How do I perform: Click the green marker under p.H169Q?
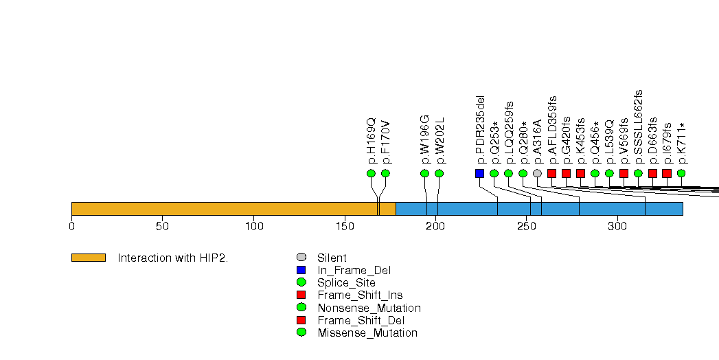(x=371, y=173)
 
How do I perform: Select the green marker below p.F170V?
(x=386, y=173)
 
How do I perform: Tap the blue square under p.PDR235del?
(x=479, y=173)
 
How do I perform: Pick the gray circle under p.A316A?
(x=538, y=173)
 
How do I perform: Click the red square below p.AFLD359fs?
(x=551, y=173)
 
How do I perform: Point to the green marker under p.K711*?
(x=681, y=173)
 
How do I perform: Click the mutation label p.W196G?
(x=424, y=139)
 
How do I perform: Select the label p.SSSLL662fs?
(x=638, y=126)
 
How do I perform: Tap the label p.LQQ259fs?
(x=509, y=133)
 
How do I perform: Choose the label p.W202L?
(x=440, y=140)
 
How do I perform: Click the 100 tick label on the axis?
(x=254, y=227)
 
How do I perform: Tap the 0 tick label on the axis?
(x=72, y=227)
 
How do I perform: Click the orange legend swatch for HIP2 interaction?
(x=89, y=258)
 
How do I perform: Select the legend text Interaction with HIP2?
(x=173, y=258)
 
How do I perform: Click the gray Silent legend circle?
(x=301, y=257)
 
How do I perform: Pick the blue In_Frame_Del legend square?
(x=301, y=270)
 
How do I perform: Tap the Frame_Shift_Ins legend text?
(x=360, y=295)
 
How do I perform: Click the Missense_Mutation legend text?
(x=367, y=333)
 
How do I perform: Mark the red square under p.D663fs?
(x=652, y=173)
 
